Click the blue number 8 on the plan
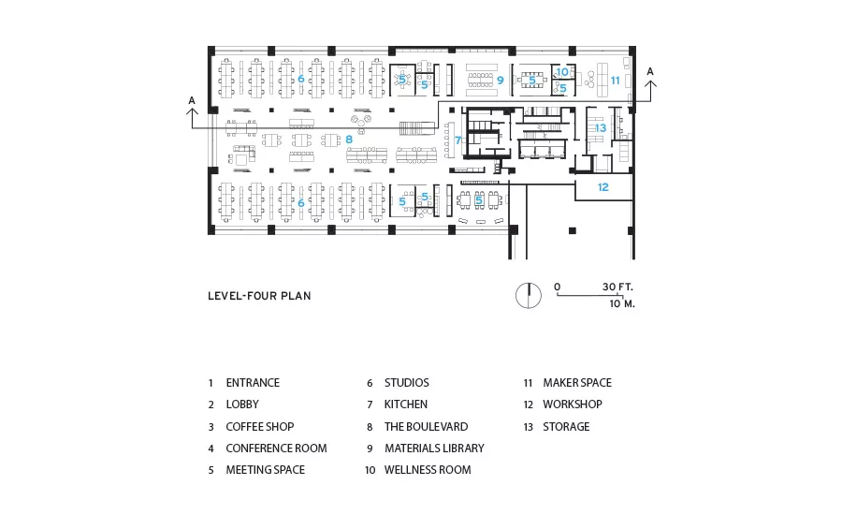coord(349,140)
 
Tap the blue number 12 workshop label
coord(603,187)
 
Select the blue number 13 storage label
coord(601,128)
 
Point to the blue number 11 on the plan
coord(615,81)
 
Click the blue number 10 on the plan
coord(562,71)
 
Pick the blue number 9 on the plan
coord(500,81)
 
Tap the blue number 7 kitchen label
coord(458,140)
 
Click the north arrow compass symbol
coord(529,295)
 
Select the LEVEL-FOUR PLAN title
coord(259,296)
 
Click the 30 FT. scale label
coord(617,287)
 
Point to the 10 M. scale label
coord(622,303)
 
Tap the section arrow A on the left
coord(192,113)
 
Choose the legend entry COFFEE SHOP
coord(260,426)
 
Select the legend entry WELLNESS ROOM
coord(428,470)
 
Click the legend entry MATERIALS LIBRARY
coord(434,448)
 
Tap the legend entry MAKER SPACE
coord(577,383)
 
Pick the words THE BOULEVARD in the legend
coord(426,426)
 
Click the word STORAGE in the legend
coord(566,426)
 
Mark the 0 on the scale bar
coord(558,287)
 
